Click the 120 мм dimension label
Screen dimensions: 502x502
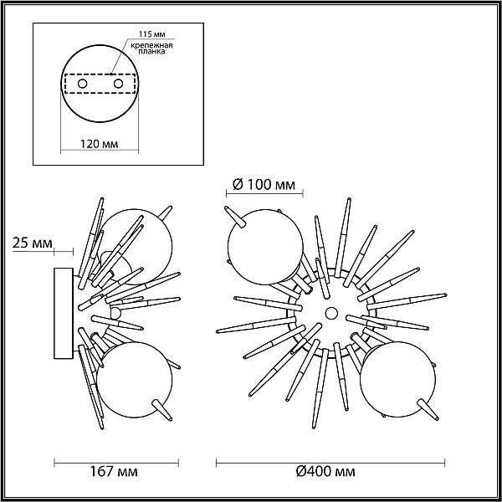click(99, 144)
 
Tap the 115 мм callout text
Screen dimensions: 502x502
click(151, 34)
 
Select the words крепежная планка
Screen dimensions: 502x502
click(151, 48)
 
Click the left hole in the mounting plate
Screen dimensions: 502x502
click(82, 84)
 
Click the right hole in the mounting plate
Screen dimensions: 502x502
click(118, 84)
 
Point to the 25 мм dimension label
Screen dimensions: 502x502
click(32, 243)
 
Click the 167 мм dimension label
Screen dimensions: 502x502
click(114, 471)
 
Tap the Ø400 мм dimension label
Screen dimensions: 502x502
click(325, 471)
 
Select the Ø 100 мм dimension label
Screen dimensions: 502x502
click(264, 185)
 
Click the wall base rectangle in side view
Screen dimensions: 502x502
click(64, 313)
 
